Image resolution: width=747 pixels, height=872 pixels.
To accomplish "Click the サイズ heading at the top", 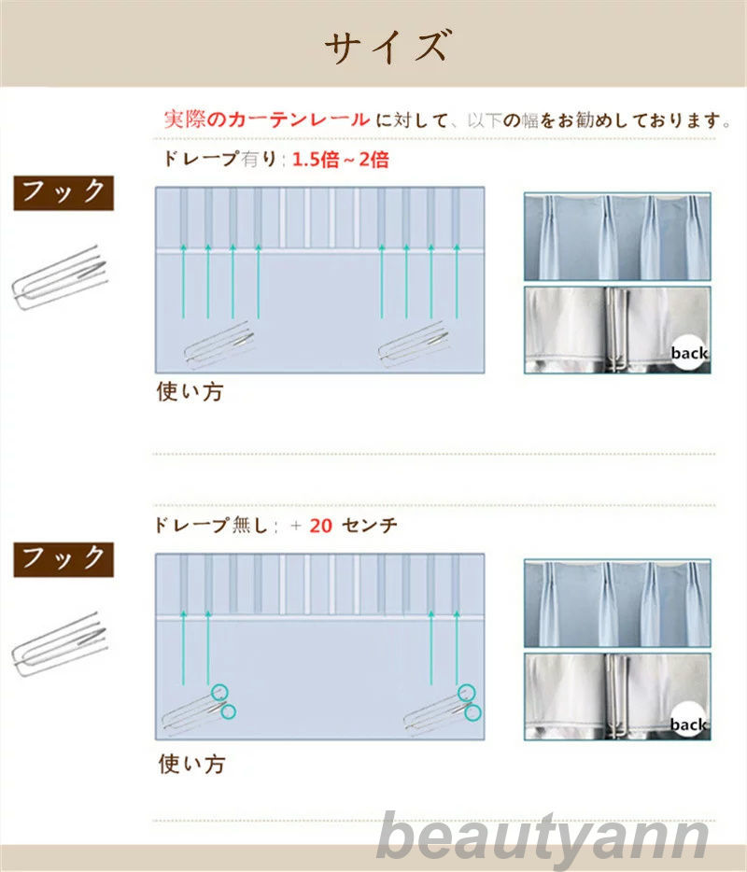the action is coord(387,46).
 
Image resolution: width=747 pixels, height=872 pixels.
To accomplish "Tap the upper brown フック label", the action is coord(63,192).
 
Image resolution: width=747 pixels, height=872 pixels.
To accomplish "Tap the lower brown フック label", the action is coord(63,559).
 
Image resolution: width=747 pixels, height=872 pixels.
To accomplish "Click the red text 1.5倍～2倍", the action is coord(341,160).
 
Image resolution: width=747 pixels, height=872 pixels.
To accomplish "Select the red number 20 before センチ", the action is coord(321,526).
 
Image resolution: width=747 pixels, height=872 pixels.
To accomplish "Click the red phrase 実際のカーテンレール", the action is coord(267,119).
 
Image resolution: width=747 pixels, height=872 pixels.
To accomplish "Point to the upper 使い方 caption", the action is coord(190,391).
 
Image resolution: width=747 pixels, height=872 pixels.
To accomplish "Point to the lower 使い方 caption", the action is coord(192,764).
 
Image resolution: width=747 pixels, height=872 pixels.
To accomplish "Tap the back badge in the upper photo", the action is coord(689,353).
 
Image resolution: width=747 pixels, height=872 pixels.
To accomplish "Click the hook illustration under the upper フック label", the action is coord(60,276).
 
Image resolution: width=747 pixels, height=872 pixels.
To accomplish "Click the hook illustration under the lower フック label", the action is coord(60,643).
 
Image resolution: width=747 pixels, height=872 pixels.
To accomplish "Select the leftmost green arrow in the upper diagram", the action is coord(184,280).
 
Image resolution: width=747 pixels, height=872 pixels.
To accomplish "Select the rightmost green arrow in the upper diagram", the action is coord(457,280).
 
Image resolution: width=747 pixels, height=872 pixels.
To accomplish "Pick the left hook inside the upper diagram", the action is coord(219,345).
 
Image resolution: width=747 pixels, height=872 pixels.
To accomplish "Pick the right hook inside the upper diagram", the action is coord(414,345).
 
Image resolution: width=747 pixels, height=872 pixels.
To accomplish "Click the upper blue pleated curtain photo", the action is coord(617,236).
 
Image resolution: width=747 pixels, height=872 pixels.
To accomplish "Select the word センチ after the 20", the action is coord(370,526).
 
